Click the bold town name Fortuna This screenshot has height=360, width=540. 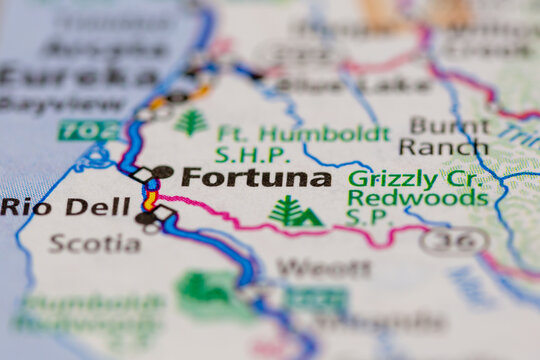[256, 178]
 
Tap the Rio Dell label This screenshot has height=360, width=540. [65, 207]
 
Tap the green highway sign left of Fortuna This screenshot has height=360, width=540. [88, 129]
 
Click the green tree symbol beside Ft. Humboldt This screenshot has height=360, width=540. [191, 123]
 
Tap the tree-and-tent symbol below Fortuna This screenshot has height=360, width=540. [295, 211]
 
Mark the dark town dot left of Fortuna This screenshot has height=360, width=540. [162, 172]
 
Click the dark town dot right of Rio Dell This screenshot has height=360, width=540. [145, 217]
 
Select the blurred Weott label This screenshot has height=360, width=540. [310, 267]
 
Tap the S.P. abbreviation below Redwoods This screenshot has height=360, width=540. [363, 216]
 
